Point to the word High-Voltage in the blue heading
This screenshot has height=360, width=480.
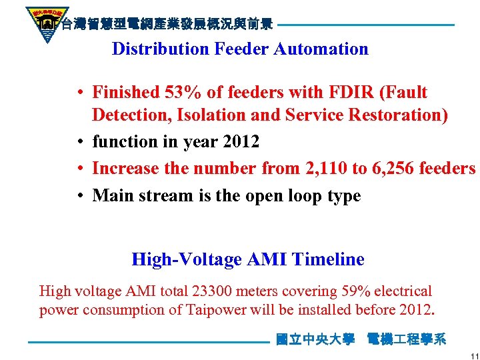click(187, 259)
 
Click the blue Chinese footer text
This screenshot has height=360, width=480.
click(361, 340)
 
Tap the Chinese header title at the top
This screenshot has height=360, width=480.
click(166, 25)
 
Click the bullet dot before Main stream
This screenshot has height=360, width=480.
click(79, 197)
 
